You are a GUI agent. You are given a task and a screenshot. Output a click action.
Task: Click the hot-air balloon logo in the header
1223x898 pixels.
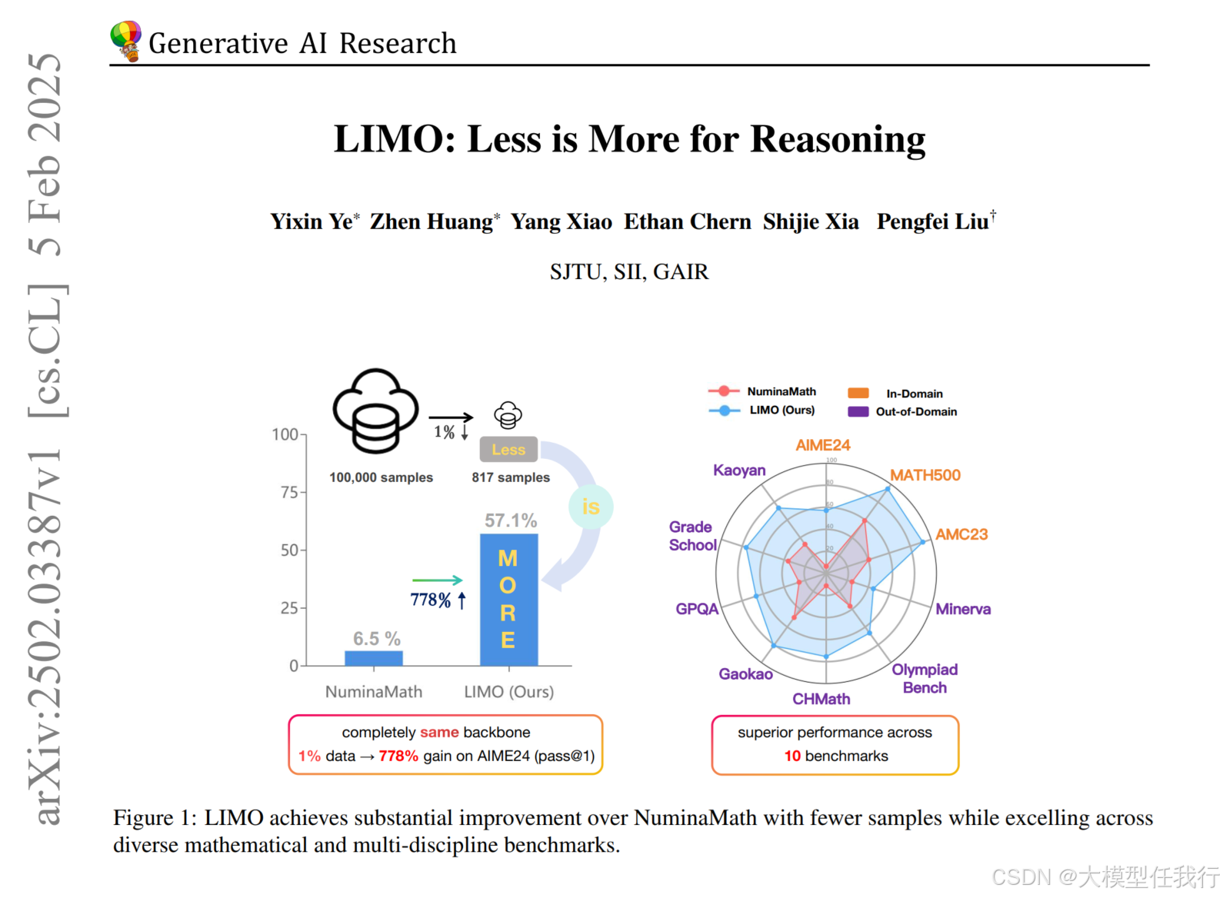(x=125, y=41)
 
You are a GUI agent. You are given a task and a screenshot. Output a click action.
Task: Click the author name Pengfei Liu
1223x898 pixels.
(x=932, y=221)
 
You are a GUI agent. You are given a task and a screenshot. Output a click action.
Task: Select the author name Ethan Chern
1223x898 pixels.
(x=687, y=221)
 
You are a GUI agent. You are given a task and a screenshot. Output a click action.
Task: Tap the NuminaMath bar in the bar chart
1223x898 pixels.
(x=374, y=658)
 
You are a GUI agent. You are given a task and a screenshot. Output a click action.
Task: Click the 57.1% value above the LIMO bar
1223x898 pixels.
(x=510, y=521)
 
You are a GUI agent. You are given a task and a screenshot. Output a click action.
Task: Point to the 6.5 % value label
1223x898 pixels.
(x=376, y=638)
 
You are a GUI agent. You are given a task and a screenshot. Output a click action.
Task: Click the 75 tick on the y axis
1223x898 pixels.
(x=289, y=492)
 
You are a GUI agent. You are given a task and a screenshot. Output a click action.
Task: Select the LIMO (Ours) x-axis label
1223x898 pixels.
(x=508, y=691)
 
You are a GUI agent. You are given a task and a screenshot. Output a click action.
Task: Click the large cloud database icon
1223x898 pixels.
(x=375, y=411)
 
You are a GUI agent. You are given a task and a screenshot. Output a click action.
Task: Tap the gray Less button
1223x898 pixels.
(x=508, y=450)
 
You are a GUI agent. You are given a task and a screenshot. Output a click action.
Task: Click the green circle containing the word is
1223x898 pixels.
(x=591, y=507)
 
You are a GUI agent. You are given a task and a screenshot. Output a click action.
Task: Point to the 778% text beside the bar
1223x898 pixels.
(x=431, y=600)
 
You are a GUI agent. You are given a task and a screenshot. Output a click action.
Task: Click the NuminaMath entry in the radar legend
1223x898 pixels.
(x=781, y=391)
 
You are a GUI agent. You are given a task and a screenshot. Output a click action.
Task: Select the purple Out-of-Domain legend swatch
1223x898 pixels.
(x=858, y=411)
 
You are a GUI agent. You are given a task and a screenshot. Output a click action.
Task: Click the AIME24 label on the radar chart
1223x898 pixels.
(x=822, y=445)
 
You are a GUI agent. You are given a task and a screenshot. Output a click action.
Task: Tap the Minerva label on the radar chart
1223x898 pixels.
(x=963, y=609)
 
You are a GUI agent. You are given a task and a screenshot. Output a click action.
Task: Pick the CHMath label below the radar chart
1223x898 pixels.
(x=821, y=699)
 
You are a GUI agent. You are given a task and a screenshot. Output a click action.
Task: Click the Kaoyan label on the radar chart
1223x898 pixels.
(x=739, y=470)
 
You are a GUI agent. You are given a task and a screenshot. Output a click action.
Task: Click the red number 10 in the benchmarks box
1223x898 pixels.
(x=792, y=756)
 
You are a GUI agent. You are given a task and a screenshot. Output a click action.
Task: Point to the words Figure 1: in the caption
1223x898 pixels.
(x=155, y=818)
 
